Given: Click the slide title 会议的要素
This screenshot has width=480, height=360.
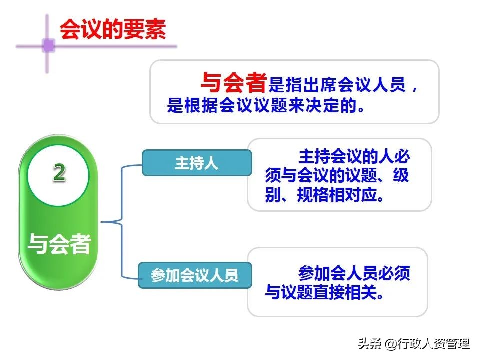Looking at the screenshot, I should tap(112, 30).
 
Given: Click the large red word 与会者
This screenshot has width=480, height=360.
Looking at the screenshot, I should tap(233, 83).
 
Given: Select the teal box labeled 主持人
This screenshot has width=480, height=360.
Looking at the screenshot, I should tap(196, 163).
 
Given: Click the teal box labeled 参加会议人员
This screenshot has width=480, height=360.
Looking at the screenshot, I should tap(195, 275).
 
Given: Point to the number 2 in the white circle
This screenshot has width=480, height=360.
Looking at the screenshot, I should tap(59, 173).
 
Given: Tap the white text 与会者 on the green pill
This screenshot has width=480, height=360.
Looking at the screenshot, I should tap(59, 244).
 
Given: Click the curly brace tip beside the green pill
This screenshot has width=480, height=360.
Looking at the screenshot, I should tap(102, 221).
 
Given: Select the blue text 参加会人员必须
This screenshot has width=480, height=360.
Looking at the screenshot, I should tap(354, 274).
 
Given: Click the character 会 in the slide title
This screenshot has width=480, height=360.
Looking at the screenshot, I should tap(69, 30).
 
